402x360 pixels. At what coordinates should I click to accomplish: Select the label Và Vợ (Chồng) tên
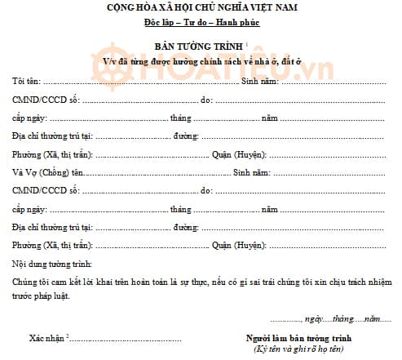coord(48,173)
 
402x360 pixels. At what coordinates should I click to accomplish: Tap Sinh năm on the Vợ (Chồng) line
coord(250,173)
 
